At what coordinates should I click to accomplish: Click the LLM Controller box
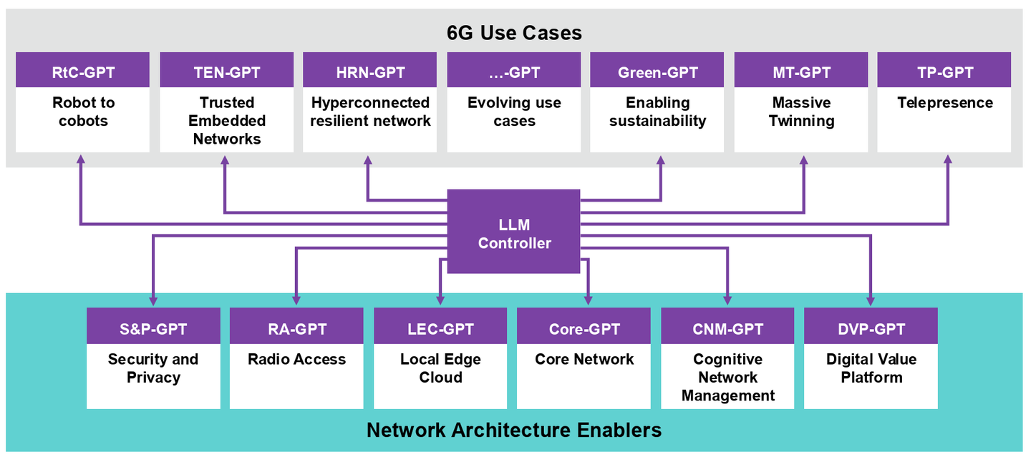(x=513, y=231)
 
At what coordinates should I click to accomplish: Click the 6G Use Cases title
(x=514, y=32)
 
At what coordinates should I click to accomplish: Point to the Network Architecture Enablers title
(x=514, y=430)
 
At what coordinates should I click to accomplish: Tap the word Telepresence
(x=945, y=103)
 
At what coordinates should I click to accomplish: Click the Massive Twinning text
(x=801, y=112)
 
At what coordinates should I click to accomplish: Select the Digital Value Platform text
(x=871, y=368)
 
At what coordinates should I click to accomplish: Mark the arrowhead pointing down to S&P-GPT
(x=153, y=300)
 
